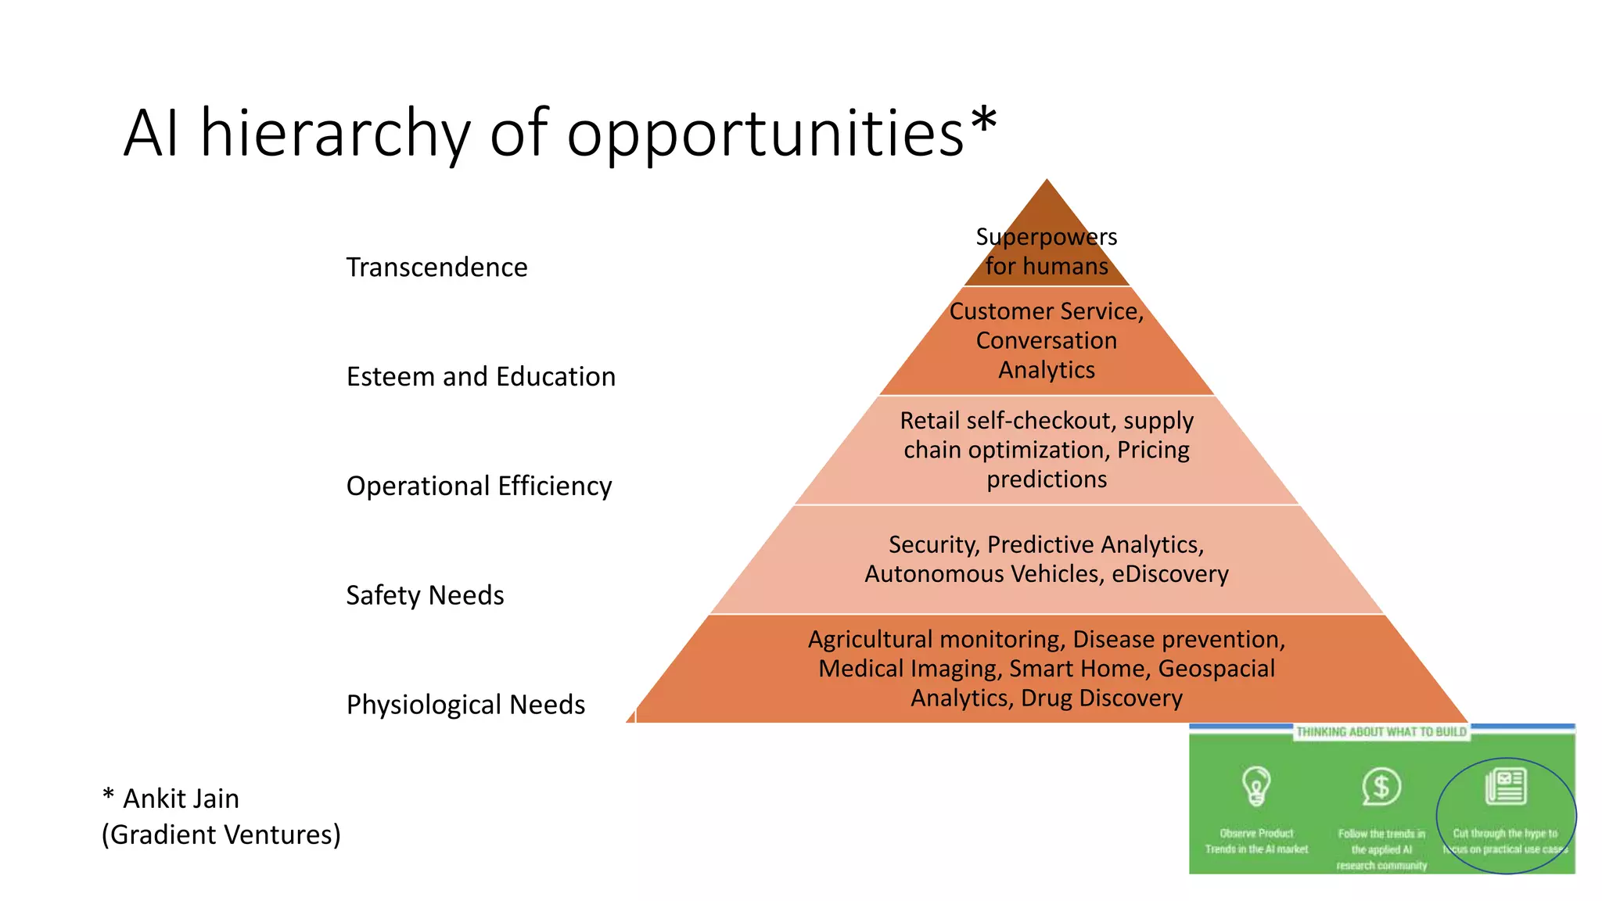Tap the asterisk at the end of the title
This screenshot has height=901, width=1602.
coord(983,121)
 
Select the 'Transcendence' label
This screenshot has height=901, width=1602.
coord(436,267)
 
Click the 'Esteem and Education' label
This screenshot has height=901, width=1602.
coord(480,377)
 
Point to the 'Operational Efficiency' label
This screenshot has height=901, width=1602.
coord(479,486)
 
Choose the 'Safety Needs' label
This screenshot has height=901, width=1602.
coord(425,596)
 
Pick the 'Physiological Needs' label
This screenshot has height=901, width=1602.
coord(465,705)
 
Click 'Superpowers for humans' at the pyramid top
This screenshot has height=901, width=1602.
coord(1047,251)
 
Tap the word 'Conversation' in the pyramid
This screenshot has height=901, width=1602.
coord(1047,341)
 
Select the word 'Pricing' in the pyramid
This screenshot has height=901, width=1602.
coord(1153,450)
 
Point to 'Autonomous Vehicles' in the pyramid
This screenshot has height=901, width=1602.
coord(984,574)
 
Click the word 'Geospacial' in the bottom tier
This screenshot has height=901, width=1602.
coord(1216,669)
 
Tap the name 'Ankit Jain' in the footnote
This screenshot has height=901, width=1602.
coord(181,799)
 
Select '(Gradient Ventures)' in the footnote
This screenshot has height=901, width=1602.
coord(221,835)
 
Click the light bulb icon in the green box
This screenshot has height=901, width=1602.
coord(1256,785)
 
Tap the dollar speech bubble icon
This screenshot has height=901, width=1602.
coord(1381,786)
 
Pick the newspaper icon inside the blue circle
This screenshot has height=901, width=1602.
coord(1505,786)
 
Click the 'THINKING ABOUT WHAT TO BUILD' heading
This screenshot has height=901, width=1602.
coord(1381,732)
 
